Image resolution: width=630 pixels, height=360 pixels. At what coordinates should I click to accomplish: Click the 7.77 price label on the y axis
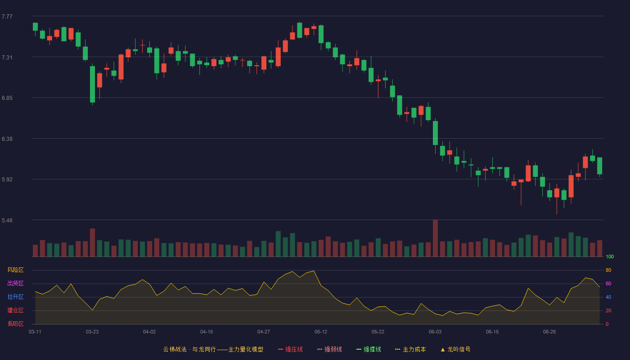pos(7,17)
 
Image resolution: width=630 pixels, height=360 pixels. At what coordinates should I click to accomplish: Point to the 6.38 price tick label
pos(7,139)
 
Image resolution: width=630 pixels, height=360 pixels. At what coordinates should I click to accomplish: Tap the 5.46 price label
pos(7,220)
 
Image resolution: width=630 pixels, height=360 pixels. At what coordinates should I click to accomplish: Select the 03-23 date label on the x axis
pos(92,332)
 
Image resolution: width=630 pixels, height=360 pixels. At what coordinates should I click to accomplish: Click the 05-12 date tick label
pos(320,332)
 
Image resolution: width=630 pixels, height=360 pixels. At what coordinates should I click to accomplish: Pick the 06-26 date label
pos(549,332)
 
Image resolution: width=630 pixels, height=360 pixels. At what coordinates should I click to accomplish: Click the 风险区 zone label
pos(15,270)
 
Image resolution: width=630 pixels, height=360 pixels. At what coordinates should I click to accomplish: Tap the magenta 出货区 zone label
pos(15,283)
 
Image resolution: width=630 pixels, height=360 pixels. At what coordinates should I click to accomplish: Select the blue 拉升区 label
pos(15,297)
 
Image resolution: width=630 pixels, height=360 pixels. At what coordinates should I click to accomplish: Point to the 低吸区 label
pos(15,324)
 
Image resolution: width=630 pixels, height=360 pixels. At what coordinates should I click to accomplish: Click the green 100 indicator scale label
pos(610,256)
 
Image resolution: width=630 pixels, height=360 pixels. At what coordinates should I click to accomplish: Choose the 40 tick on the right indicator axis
pos(608,297)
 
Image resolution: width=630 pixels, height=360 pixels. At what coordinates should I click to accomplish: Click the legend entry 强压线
pos(290,349)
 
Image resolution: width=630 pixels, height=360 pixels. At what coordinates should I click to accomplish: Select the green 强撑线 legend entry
pos(369,349)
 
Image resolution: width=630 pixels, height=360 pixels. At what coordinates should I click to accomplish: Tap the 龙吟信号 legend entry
pos(455,349)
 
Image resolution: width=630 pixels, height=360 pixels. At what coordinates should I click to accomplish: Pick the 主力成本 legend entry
pos(410,349)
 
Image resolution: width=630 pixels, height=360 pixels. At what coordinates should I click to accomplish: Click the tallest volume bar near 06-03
pos(435,238)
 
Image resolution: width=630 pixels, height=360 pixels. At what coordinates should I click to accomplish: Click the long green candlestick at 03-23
pos(92,85)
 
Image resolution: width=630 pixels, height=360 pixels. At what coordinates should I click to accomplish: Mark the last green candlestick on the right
pos(599,166)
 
